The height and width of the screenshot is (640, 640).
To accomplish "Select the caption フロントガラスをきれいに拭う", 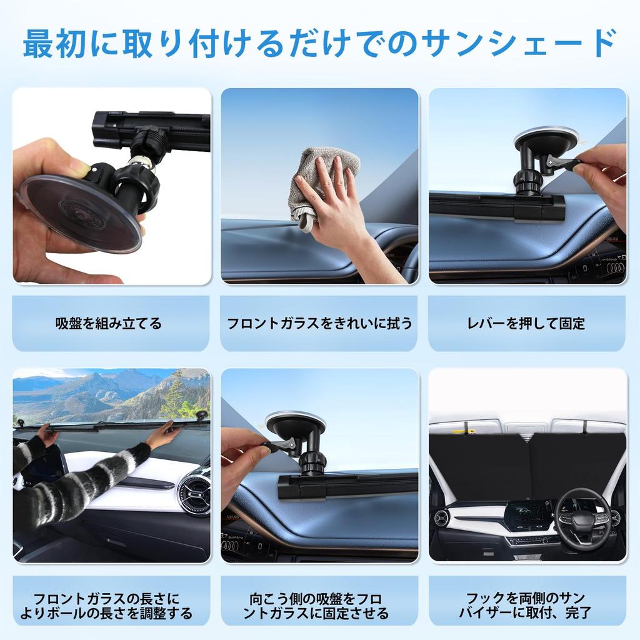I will (319, 323).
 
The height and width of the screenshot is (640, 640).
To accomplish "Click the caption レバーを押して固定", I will (527, 323).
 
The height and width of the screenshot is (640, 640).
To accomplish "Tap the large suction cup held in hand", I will (81, 212).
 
